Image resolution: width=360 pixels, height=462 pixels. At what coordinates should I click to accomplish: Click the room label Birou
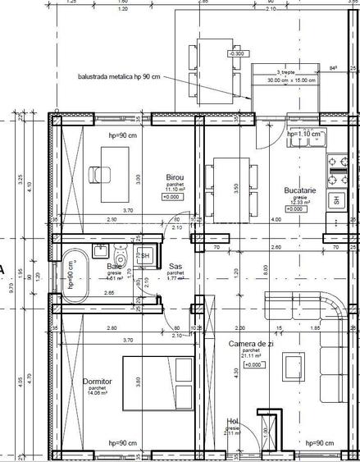tap(173, 177)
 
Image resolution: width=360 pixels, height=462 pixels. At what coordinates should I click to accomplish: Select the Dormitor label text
tap(98, 382)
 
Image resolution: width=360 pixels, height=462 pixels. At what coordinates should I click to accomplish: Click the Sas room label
tap(175, 267)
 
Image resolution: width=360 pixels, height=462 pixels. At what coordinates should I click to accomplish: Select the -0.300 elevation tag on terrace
tap(238, 53)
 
